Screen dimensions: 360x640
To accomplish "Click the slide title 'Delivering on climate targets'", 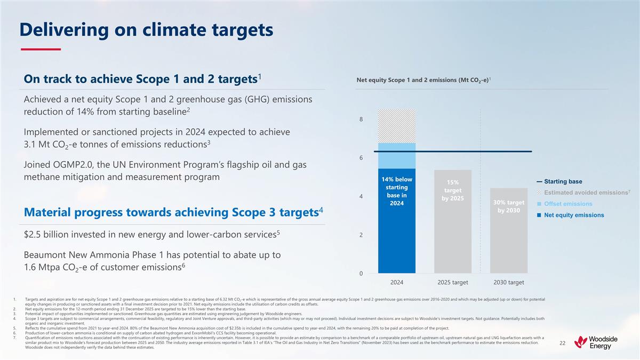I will coord(146,30).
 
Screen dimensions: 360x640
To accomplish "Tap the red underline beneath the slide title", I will coord(41,50).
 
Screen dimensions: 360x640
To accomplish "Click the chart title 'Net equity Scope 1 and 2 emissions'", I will coord(425,81).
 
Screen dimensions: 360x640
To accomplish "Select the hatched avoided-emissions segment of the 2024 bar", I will coord(397,126).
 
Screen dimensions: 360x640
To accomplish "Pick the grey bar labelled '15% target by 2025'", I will coord(453,235).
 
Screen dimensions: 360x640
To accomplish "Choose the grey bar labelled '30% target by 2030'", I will coord(508,245).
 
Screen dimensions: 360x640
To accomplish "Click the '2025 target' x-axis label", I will coord(453,282).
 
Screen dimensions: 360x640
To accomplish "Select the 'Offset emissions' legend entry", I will coord(567,204).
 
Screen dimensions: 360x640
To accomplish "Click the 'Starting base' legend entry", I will coord(563,181).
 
